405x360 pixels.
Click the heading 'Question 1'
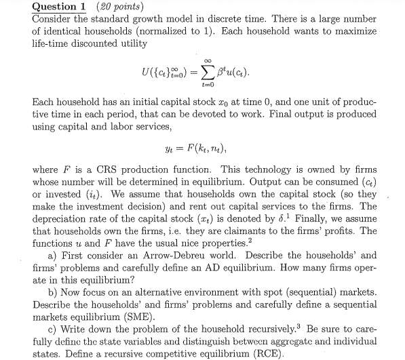tap(60, 6)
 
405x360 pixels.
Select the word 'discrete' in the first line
tap(261, 19)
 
